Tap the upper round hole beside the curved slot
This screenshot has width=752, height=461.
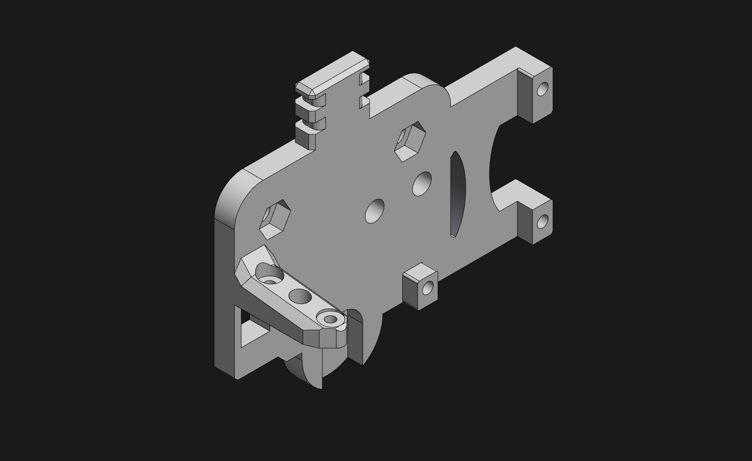pyautogui.click(x=422, y=184)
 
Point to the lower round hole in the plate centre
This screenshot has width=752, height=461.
pyautogui.click(x=374, y=211)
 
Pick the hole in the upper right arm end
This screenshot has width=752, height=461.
pyautogui.click(x=543, y=89)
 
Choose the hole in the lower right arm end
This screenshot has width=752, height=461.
pyautogui.click(x=543, y=221)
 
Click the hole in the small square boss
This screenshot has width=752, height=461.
pyautogui.click(x=427, y=288)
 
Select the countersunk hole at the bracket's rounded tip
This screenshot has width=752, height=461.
pyautogui.click(x=330, y=318)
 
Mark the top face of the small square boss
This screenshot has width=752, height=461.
pyautogui.click(x=420, y=271)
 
